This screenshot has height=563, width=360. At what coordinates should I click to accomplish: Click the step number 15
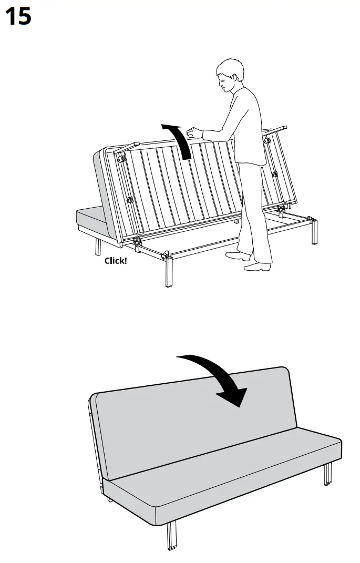[18, 16]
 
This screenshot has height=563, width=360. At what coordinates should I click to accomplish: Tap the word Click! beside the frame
[115, 260]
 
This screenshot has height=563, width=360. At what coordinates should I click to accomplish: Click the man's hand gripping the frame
[194, 132]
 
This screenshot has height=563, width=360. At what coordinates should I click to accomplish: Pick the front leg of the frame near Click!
[169, 271]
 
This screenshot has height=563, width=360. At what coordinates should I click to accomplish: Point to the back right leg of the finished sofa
[328, 473]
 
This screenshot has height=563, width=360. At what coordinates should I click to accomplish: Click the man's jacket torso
[247, 126]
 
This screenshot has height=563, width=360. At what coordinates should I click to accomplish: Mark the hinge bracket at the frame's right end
[282, 210]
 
